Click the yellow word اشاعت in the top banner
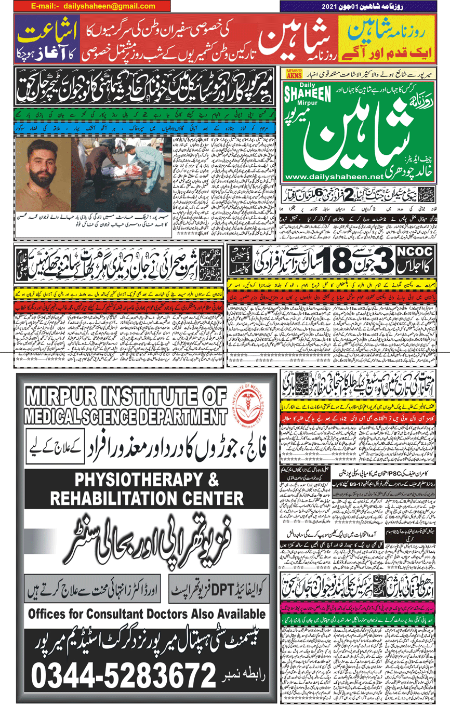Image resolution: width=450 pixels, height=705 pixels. pyautogui.click(x=38, y=31)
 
